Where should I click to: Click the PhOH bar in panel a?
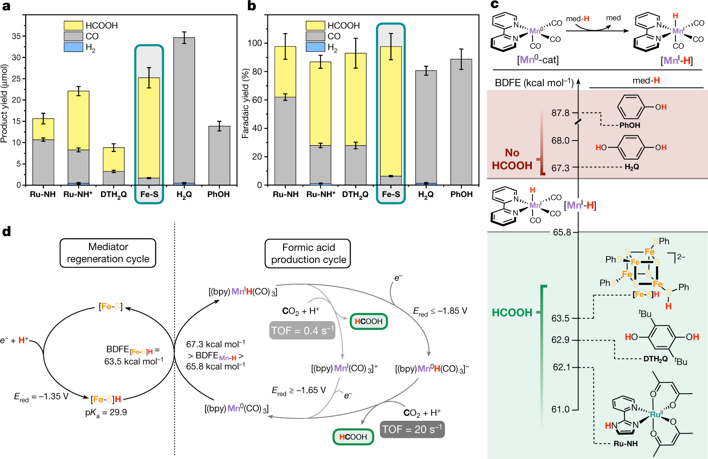coord(219,155)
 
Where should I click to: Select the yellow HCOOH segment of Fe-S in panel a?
coord(149,127)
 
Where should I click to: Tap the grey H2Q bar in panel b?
coord(426,127)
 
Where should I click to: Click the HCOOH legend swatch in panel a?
coord(73,25)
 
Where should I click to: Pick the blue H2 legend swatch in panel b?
coord(315,47)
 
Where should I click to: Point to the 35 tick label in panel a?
coord(16,36)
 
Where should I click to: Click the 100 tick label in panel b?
coord(255,43)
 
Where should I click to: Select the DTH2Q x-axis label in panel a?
coord(113,194)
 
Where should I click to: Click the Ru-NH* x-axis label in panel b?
coord(321,194)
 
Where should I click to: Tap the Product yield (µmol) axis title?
coord(5,103)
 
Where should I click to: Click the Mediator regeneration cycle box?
coord(108,253)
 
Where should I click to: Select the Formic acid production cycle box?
coord(308,253)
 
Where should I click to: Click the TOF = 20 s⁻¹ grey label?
coord(412,430)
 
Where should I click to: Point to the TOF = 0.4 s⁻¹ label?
coord(302,330)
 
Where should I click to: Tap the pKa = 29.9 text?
coord(106,413)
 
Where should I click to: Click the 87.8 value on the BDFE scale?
coord(560,113)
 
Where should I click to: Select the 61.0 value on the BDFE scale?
coord(560,409)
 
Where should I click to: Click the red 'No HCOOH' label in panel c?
coord(512,159)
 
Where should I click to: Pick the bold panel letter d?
coord(6,231)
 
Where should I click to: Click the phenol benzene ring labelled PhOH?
coord(631,107)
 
